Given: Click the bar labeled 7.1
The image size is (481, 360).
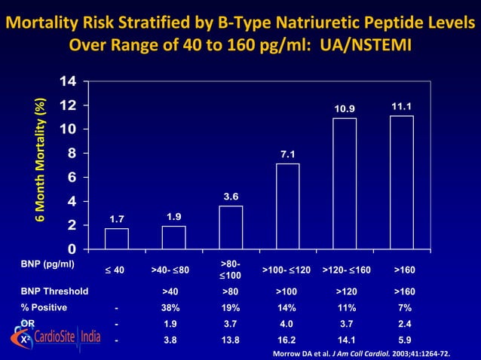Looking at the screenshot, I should point(287,206).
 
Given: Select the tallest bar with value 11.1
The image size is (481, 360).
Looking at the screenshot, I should point(401,182).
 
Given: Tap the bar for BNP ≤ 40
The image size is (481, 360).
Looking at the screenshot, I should point(116,238).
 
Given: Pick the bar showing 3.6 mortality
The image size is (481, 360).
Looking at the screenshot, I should point(231,227).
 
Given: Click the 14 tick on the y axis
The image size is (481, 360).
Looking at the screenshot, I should point(68,81).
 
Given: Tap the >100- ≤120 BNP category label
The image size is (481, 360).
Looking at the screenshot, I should point(286,270).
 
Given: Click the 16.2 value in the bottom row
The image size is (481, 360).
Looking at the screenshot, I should point(286,340).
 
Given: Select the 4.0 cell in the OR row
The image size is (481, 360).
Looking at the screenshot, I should point(286,323).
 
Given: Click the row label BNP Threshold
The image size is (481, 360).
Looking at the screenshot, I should point(54,291).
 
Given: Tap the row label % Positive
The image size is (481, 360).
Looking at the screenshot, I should point(44,307).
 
